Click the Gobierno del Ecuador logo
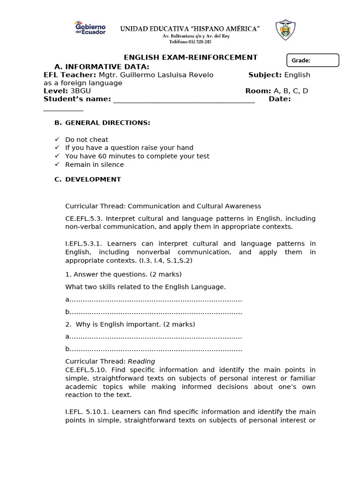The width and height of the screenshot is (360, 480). pyautogui.click(x=90, y=29)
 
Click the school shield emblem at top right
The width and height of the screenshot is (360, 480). pyautogui.click(x=285, y=30)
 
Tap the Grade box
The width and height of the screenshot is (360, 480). pyautogui.click(x=312, y=60)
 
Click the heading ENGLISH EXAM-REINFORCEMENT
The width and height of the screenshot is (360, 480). pyautogui.click(x=190, y=57)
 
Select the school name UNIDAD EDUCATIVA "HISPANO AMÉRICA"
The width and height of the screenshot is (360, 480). pyautogui.click(x=190, y=29)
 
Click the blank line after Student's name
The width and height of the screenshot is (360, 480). pyautogui.click(x=184, y=99)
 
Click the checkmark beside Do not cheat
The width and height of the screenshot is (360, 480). pyautogui.click(x=57, y=140)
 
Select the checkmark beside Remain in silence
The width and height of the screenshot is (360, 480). pyautogui.click(x=57, y=165)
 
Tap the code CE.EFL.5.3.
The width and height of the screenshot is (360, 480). pyautogui.click(x=83, y=219)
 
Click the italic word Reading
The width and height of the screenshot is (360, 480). pyautogui.click(x=141, y=361)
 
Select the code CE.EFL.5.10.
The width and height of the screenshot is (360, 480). pyautogui.click(x=85, y=370)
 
